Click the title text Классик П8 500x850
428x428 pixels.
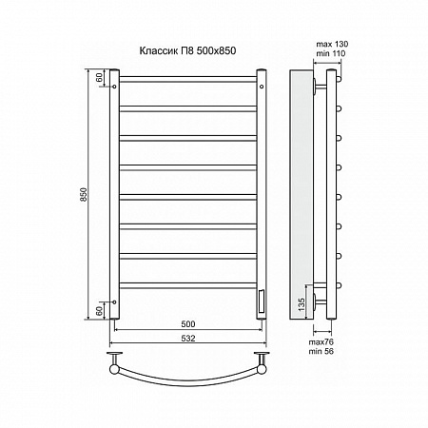point(187,50)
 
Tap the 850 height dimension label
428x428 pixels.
point(84,195)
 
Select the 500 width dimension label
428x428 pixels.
point(188,324)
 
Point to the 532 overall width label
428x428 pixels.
point(188,339)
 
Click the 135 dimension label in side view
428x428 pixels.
point(302,303)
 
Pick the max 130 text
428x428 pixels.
point(332,44)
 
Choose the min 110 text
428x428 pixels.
point(331,53)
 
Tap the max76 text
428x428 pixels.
point(321,342)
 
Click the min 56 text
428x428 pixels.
point(321,351)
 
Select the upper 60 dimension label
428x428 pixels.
point(99,77)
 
